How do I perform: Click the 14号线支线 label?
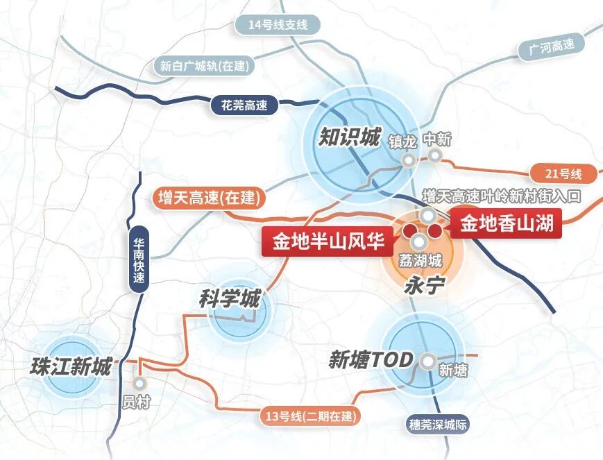(x=277, y=26)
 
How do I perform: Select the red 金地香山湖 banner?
(x=508, y=223)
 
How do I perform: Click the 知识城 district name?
(x=349, y=137)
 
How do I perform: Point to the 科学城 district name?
(x=230, y=300)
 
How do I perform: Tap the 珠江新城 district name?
(x=71, y=367)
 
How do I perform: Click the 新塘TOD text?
(x=371, y=360)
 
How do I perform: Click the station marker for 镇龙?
(x=409, y=160)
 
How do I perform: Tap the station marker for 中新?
(x=435, y=155)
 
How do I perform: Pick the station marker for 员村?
(x=141, y=382)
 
